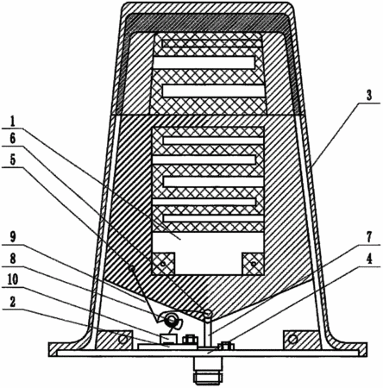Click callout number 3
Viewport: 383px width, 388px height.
coord(369,96)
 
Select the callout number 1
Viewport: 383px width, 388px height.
coord(12,122)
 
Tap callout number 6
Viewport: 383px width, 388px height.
coord(13,139)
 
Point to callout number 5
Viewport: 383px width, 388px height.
coord(13,160)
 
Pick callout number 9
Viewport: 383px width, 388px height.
coord(13,237)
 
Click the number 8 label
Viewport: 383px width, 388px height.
coord(13,258)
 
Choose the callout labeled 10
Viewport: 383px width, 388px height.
coord(13,278)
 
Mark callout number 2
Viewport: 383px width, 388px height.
coord(12,302)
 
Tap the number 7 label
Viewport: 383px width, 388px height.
coord(369,237)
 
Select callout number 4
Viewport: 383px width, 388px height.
coord(369,260)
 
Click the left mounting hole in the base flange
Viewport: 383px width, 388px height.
coord(123,340)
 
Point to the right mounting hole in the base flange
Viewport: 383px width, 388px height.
coord(292,340)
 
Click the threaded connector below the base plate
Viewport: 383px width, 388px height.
coord(208,371)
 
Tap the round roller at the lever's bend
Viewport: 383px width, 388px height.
coord(173,318)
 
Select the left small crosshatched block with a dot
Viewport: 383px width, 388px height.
coord(163,264)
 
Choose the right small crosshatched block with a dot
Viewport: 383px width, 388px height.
coord(253,264)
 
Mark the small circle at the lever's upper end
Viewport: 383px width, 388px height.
coord(131,269)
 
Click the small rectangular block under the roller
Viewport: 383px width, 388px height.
coord(168,339)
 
